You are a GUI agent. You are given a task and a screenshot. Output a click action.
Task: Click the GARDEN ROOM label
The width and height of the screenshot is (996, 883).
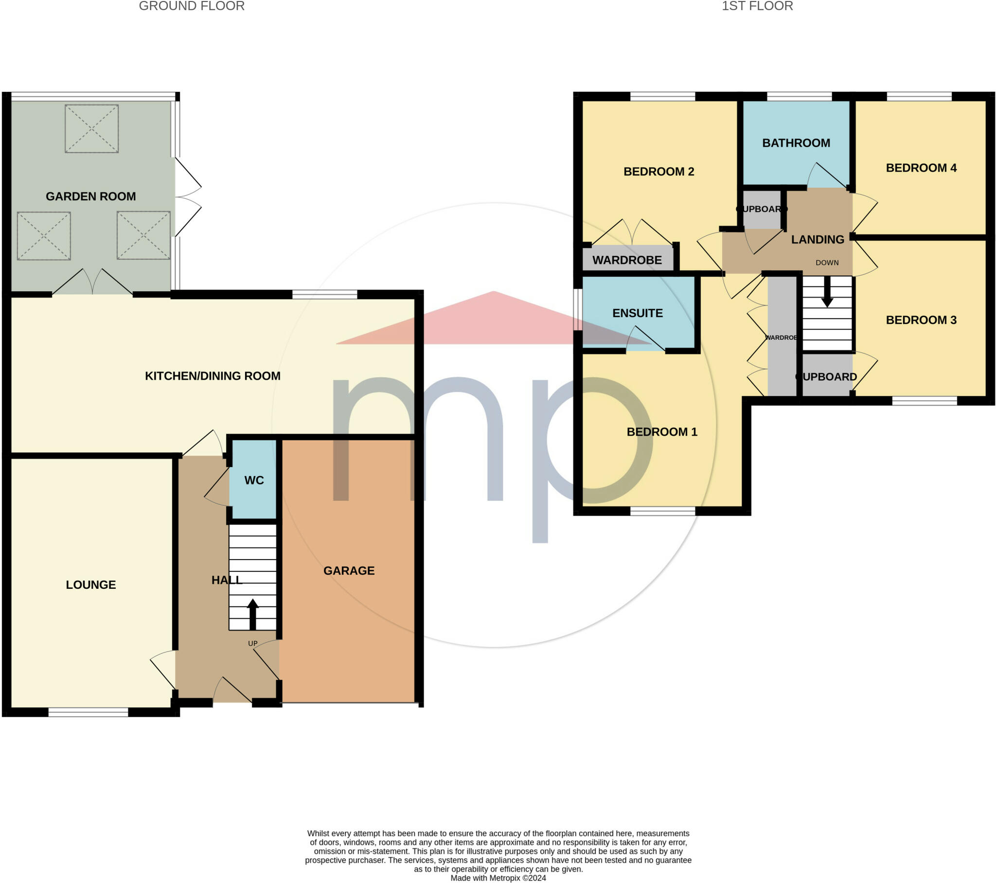90,196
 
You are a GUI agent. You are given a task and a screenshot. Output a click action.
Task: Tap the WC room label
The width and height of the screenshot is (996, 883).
254,480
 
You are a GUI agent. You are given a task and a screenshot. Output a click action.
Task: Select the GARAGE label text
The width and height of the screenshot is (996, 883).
349,571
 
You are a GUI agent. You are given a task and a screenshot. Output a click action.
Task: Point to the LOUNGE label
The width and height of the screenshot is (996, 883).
90,585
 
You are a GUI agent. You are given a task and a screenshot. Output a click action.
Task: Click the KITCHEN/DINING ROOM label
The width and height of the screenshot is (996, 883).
213,376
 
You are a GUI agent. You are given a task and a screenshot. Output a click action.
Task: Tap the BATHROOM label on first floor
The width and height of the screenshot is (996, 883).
796,143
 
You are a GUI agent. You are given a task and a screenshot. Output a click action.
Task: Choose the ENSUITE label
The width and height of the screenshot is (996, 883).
638,313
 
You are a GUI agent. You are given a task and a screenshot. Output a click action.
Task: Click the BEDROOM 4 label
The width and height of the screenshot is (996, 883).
921,168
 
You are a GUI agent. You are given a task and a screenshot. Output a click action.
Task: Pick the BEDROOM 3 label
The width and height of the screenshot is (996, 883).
921,319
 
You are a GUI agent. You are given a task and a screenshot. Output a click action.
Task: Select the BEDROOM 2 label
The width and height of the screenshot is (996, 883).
659,172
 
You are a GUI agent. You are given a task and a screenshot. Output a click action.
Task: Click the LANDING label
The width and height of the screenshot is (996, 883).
818,239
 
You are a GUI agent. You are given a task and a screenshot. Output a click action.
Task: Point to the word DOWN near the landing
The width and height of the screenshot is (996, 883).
827,263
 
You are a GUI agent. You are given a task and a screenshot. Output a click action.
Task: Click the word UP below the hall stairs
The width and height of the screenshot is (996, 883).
252,643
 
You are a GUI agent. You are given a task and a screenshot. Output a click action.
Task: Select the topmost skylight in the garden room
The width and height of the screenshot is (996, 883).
91,129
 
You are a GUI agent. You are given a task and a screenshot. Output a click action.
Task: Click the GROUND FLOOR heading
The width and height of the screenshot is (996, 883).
192,6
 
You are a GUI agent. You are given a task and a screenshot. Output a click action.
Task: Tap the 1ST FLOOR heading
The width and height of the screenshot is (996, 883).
757,6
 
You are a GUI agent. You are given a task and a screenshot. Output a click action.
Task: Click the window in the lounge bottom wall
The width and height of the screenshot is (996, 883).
88,712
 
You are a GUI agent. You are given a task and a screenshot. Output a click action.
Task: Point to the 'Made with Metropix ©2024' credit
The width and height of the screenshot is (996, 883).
498,878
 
